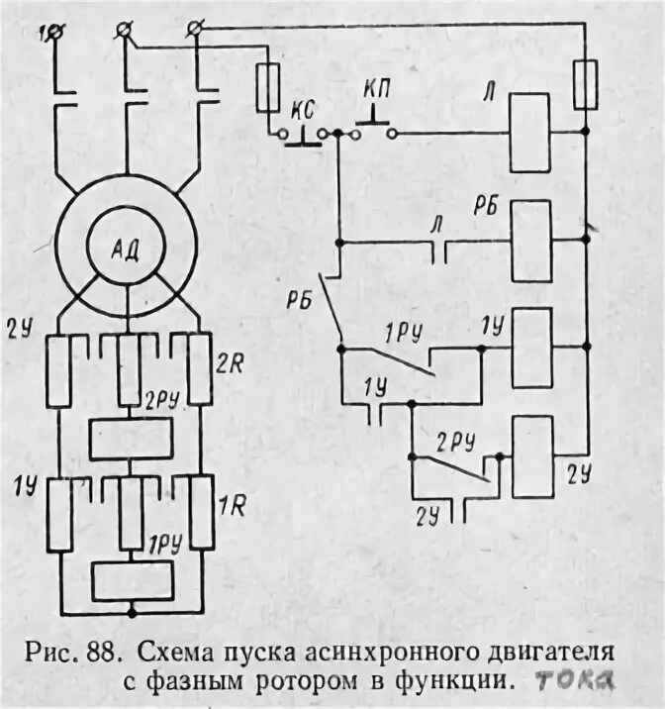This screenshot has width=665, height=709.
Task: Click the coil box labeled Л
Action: click(x=530, y=133)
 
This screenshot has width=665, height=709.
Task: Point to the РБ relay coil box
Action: click(x=531, y=241)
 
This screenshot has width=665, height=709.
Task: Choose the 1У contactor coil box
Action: click(x=532, y=348)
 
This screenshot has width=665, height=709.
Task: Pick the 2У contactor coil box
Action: click(x=531, y=456)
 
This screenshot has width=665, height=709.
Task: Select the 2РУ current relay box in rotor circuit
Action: click(x=128, y=439)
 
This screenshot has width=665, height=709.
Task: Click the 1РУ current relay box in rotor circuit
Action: click(x=128, y=580)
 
